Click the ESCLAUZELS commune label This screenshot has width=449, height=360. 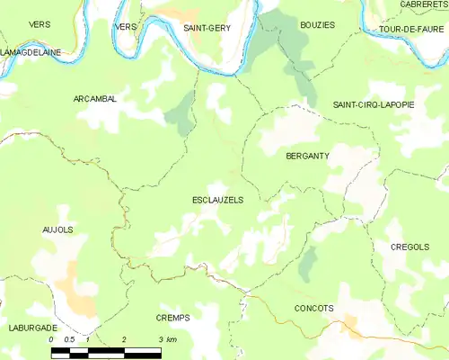(217, 200)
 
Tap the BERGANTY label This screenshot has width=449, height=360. (307, 156)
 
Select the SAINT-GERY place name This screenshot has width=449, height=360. (206, 28)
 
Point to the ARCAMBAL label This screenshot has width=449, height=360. (95, 99)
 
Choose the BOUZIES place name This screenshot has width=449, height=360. (318, 25)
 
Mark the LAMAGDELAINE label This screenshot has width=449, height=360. (31, 52)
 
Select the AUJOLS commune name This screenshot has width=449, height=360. (57, 229)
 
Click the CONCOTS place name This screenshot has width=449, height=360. (313, 308)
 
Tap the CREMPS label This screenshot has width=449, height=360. (172, 318)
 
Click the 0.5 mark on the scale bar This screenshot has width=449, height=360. (69, 339)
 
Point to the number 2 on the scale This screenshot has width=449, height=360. (124, 339)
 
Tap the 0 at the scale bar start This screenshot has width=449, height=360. (51, 339)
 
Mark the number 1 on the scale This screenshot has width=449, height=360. (87, 339)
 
